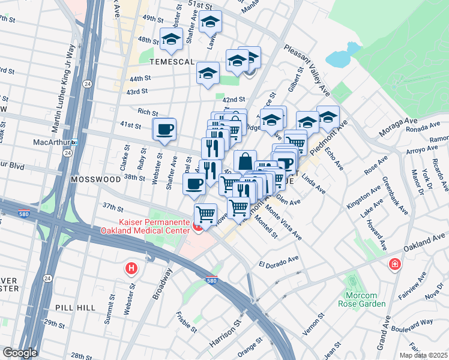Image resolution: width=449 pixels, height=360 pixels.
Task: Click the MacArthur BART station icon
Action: click(74, 143)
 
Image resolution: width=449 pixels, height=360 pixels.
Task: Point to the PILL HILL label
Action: click(75, 307)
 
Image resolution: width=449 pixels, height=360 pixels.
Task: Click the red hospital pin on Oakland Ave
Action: click(395, 264)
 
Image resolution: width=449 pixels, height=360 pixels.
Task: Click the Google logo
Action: click(19, 353)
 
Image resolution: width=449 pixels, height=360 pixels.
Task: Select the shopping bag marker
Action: click(245, 161)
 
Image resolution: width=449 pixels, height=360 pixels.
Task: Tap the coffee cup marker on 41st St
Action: click(164, 128)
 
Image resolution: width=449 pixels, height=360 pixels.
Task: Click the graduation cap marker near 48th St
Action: click(171, 40)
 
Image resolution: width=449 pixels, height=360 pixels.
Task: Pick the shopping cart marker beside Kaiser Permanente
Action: click(205, 214)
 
